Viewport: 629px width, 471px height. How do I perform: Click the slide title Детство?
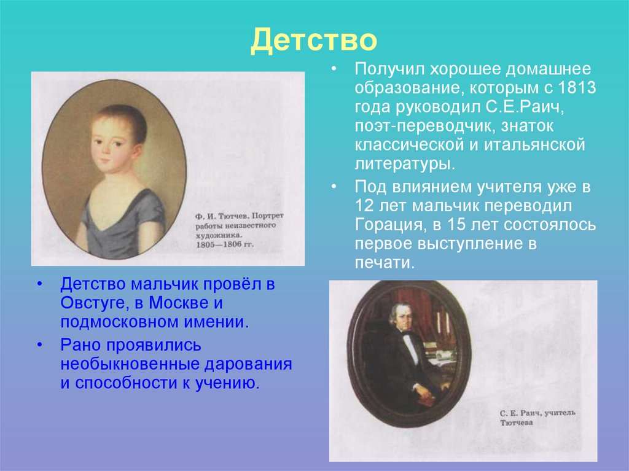[313, 40]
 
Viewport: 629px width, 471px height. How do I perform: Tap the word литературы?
[403, 165]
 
